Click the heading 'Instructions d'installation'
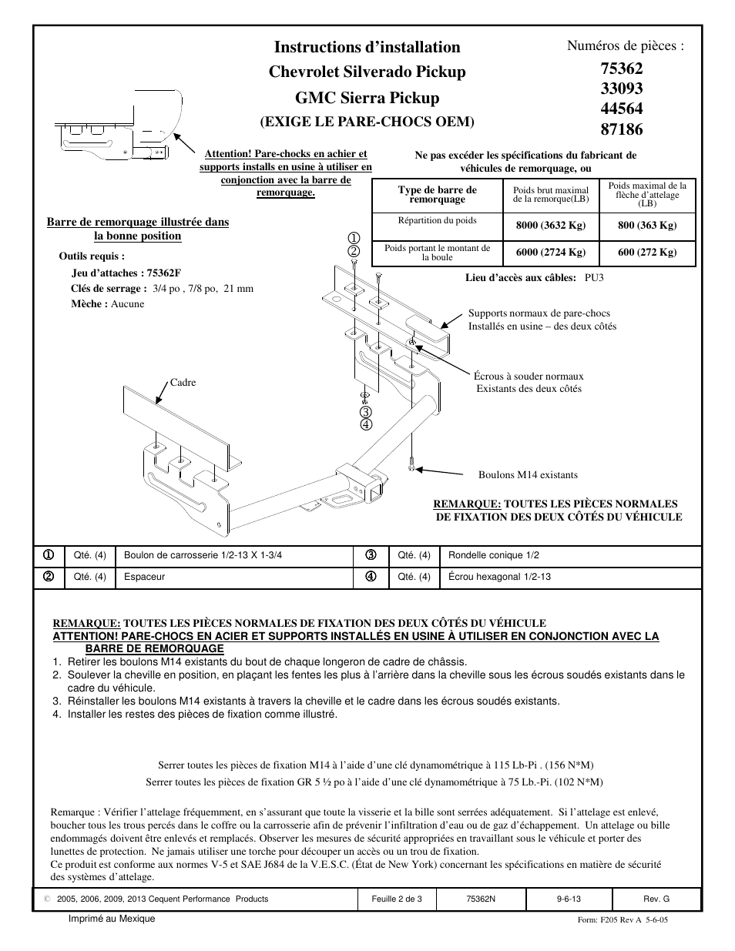click(x=367, y=47)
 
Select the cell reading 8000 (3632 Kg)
click(x=550, y=226)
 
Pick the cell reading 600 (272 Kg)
click(x=647, y=252)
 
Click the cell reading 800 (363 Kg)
click(x=647, y=226)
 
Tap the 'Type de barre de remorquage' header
click(x=437, y=194)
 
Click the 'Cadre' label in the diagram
click(x=183, y=383)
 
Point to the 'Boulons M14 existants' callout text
click(x=528, y=475)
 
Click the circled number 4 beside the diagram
click(x=366, y=424)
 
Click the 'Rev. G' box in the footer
click(x=656, y=899)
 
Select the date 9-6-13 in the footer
click(x=568, y=899)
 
